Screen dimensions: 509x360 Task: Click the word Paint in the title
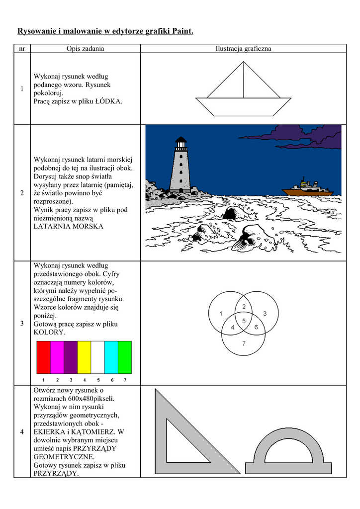(x=181, y=31)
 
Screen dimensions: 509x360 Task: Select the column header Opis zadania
(x=86, y=49)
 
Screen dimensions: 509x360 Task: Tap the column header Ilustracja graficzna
(x=243, y=49)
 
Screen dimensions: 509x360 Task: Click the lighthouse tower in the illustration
(x=180, y=167)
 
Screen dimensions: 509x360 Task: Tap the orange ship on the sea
(x=306, y=188)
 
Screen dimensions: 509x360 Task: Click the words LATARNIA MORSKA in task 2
(x=68, y=226)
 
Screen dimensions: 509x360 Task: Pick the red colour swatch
(x=44, y=357)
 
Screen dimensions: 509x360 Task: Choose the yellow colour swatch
(x=85, y=357)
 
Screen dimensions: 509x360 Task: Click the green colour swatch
(x=125, y=357)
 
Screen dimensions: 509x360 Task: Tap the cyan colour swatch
(x=111, y=357)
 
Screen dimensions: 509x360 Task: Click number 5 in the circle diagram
(x=244, y=321)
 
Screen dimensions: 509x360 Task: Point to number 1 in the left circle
(x=220, y=313)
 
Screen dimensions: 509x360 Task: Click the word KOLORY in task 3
(x=49, y=332)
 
